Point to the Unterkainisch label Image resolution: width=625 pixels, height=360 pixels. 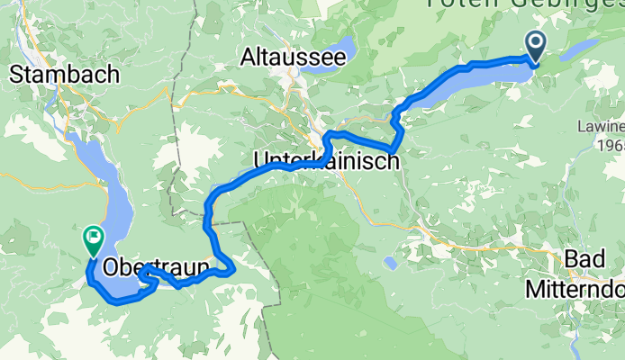326,160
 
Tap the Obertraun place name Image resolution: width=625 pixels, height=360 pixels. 157,267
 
